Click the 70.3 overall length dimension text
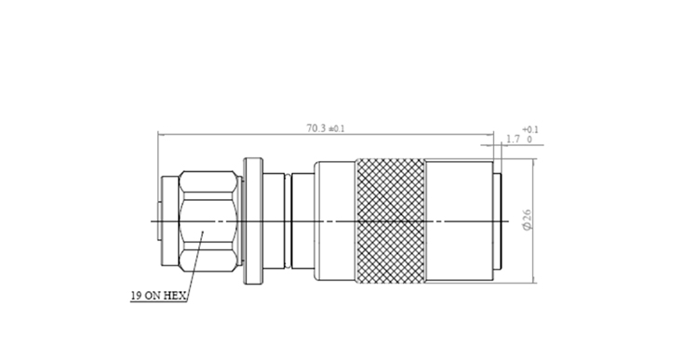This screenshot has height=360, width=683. [316, 128]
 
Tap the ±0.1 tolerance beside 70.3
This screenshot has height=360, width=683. [336, 129]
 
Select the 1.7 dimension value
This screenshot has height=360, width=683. [513, 140]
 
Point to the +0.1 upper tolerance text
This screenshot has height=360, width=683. [530, 129]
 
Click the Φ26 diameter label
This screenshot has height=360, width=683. [527, 220]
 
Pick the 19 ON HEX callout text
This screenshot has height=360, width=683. [158, 296]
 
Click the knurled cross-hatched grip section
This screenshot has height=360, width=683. [391, 220]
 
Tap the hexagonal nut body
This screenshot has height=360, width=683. [209, 221]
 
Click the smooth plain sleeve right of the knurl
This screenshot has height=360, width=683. [460, 221]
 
